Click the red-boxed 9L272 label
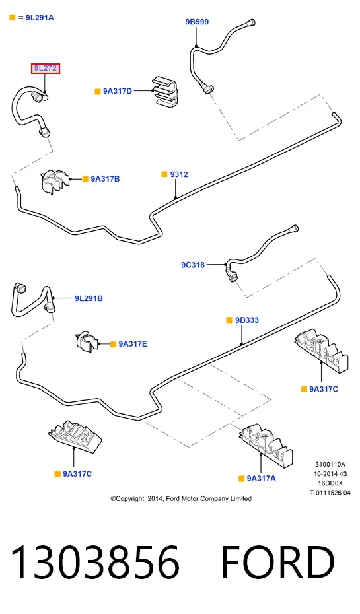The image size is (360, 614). (x=46, y=68)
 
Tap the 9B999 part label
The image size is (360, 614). (x=197, y=22)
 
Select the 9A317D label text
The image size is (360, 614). (x=118, y=91)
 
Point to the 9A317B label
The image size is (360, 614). (x=106, y=179)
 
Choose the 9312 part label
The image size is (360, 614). (x=179, y=174)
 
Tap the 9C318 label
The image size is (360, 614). (x=193, y=265)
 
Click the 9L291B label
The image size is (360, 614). (x=89, y=298)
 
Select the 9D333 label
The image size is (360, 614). (x=247, y=320)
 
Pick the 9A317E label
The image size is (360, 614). (x=133, y=344)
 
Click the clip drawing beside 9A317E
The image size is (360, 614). (x=87, y=341)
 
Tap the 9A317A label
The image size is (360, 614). (x=262, y=478)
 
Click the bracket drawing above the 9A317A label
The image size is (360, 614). (x=266, y=445)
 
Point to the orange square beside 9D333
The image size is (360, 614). (x=229, y=320)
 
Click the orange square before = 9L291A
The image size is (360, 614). (x=12, y=17)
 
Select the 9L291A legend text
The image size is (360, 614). (x=40, y=18)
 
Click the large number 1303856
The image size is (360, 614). (x=95, y=563)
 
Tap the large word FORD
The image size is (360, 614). (x=278, y=563)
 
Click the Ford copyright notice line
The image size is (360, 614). (x=181, y=499)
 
